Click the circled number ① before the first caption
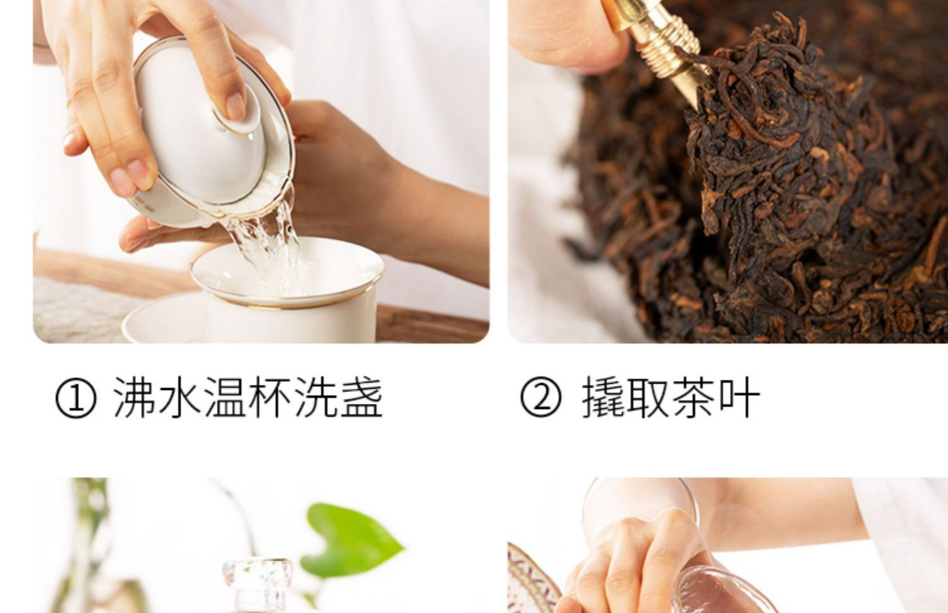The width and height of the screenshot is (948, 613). pos(76,398)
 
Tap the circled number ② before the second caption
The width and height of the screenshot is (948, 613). pos(541,398)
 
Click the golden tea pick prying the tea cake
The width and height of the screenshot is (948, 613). pos(660,47)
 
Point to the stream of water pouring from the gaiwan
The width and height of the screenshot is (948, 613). pos(267,245)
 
